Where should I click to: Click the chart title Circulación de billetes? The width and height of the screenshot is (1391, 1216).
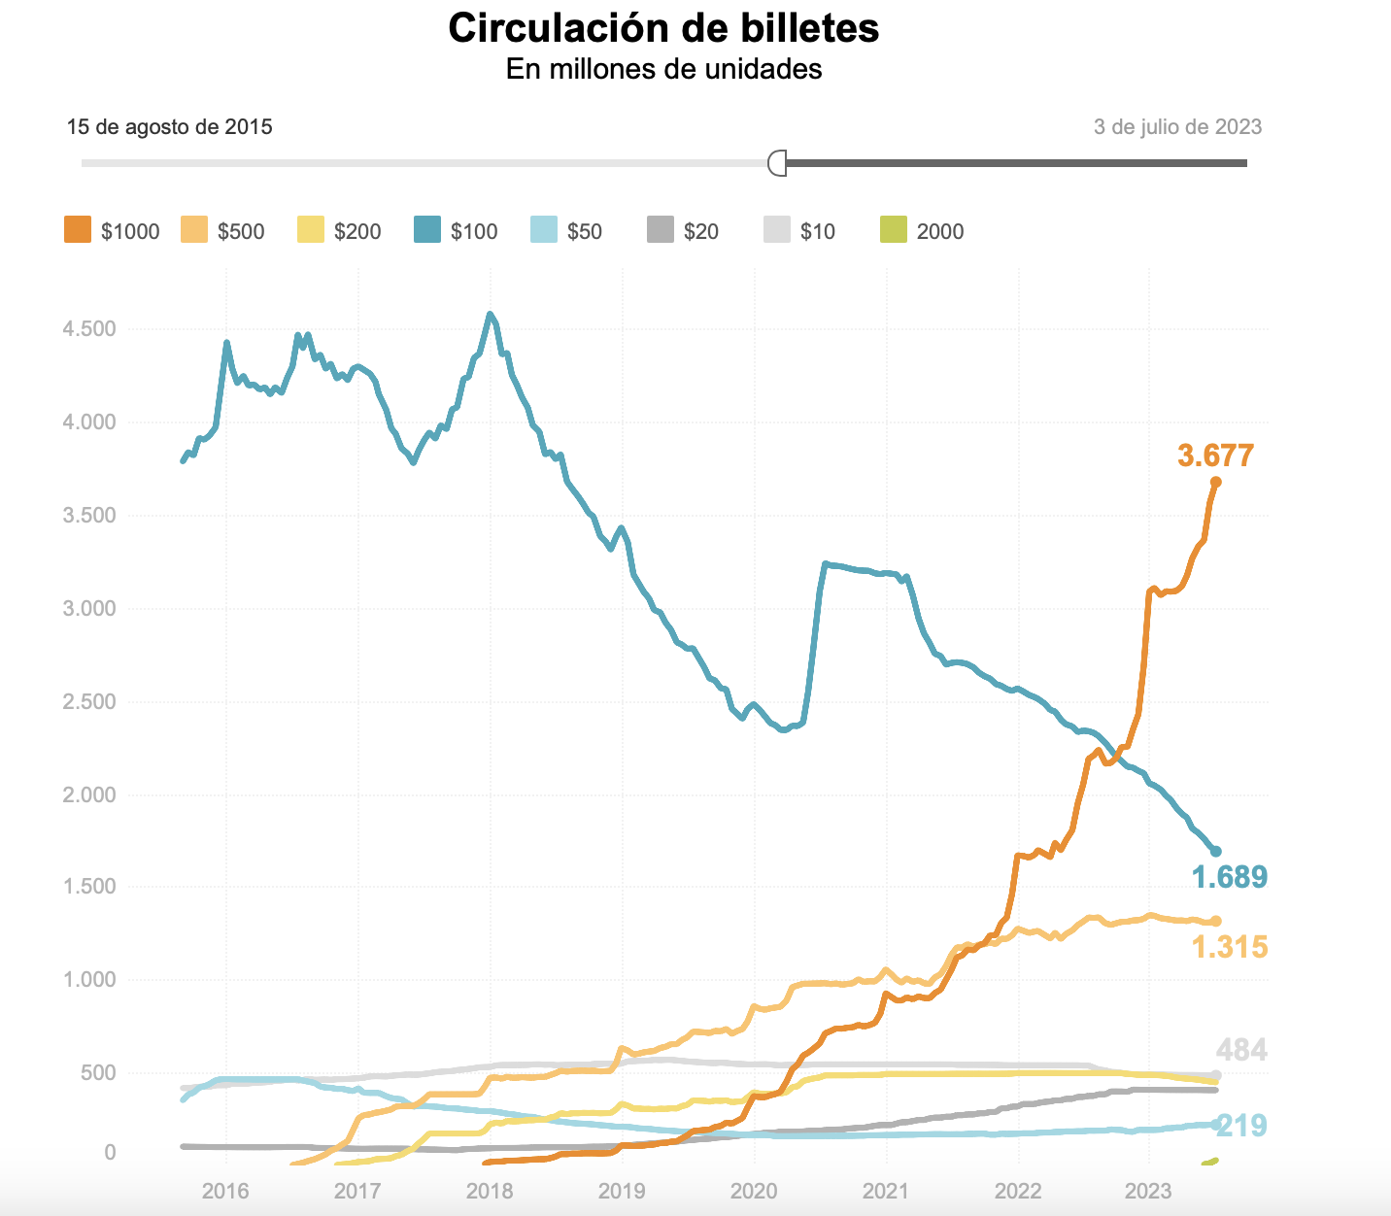663,28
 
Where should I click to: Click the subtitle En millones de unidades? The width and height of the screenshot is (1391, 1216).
663,69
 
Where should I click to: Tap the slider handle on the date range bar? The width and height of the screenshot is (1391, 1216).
777,163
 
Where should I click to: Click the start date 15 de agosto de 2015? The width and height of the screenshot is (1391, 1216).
169,127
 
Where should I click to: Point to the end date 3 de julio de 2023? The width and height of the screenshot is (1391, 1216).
1177,127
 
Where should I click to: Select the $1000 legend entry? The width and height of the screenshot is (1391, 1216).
112,231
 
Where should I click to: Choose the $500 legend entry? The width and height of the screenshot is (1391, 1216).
222,231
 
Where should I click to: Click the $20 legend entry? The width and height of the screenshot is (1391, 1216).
683,231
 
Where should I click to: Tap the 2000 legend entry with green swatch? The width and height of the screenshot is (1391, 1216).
922,231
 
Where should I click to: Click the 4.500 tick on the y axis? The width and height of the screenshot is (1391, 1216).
89,329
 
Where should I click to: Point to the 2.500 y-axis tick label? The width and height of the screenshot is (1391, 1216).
89,702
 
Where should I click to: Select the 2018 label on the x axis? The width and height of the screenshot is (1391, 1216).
490,1191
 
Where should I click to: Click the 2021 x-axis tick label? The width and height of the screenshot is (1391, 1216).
886,1191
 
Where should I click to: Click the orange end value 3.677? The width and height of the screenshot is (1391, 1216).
1215,456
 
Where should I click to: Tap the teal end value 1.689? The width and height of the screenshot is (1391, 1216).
1229,878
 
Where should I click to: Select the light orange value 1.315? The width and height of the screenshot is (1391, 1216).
1229,947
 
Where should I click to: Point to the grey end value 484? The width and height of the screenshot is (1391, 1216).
1241,1051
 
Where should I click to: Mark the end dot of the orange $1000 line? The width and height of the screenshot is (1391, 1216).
1215,483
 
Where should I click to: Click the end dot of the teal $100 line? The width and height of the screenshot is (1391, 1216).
1216,852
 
